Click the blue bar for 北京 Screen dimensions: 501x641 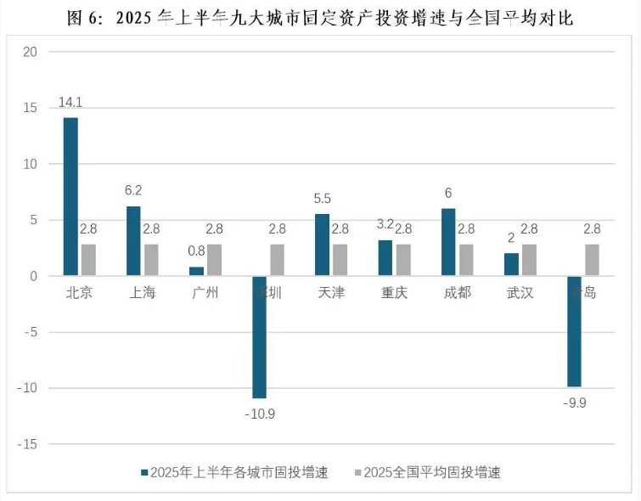click(x=70, y=196)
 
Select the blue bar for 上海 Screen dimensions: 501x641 click(x=133, y=241)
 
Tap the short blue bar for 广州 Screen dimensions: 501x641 click(x=196, y=271)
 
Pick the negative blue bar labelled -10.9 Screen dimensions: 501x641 click(x=259, y=337)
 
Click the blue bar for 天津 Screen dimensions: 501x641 click(x=322, y=245)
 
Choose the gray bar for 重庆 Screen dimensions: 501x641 click(x=403, y=260)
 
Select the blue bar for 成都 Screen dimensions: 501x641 click(x=447, y=242)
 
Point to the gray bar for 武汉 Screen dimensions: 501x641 click(x=529, y=260)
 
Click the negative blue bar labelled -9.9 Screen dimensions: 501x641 click(x=574, y=331)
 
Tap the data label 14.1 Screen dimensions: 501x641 click(x=70, y=102)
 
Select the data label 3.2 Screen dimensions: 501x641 click(x=385, y=225)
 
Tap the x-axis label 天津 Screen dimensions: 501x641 click(x=331, y=293)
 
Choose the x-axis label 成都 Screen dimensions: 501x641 click(x=457, y=293)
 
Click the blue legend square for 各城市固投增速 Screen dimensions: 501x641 click(x=144, y=472)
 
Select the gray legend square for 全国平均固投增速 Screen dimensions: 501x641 click(x=357, y=472)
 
